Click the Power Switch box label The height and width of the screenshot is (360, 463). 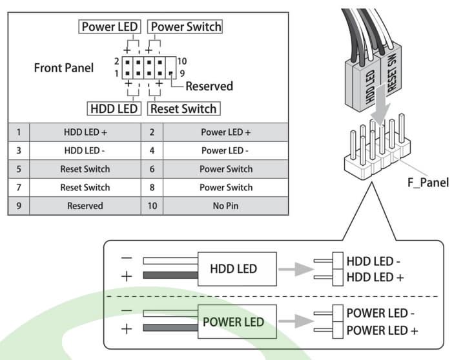pos(185,27)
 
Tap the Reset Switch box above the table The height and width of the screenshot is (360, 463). pos(183,108)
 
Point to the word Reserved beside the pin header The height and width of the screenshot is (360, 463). pos(209,86)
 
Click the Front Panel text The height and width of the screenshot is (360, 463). pos(63,68)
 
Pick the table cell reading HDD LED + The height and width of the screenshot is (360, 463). pos(85,132)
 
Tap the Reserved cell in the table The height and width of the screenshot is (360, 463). pos(85,206)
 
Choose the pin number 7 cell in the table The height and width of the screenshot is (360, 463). pos(19,188)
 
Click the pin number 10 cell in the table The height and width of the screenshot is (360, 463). pos(152,206)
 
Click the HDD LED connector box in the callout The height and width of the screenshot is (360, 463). pos(233,268)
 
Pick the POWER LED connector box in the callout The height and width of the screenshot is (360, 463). pos(233,321)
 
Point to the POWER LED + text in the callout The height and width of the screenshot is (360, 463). pos(382,330)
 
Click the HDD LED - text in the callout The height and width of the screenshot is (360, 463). pos(374,263)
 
